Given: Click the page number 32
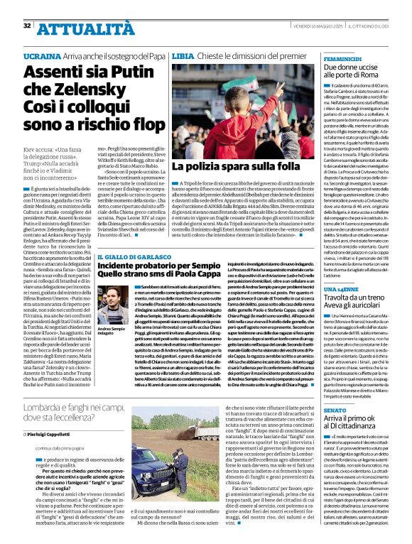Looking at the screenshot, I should coord(27,25).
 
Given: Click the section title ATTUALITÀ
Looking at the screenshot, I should coord(73,28).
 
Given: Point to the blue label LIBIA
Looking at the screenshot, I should coord(183,55).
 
